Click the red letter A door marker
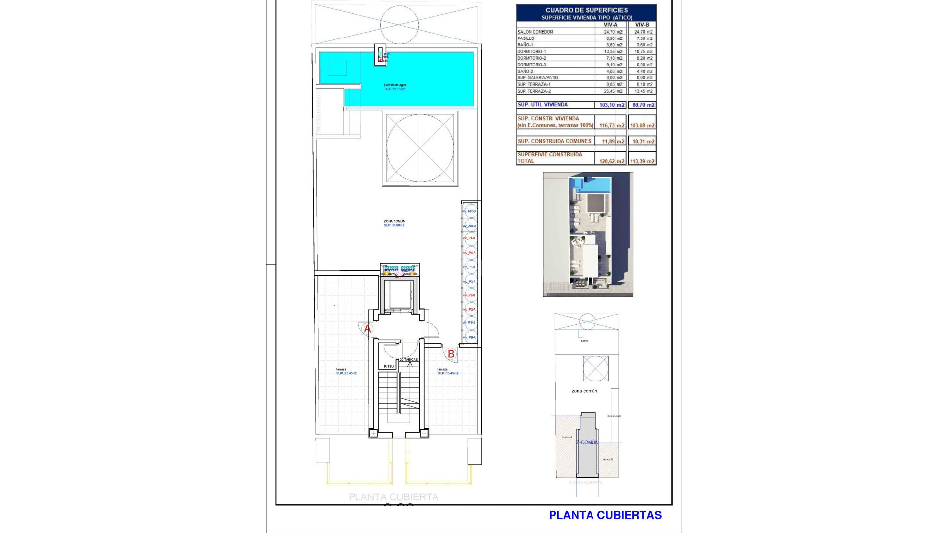367,329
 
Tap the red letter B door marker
450,354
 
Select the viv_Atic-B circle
470,211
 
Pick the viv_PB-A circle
470,337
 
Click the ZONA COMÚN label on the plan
394,221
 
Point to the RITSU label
389,366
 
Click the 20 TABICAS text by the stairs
409,360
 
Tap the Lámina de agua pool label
395,85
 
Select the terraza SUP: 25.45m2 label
346,372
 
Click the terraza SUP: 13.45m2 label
447,372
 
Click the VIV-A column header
610,25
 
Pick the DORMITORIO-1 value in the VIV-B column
643,51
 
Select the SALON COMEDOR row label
535,32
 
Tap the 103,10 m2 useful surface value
612,105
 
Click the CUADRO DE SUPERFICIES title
586,10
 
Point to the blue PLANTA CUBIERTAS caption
605,515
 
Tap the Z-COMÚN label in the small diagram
587,442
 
